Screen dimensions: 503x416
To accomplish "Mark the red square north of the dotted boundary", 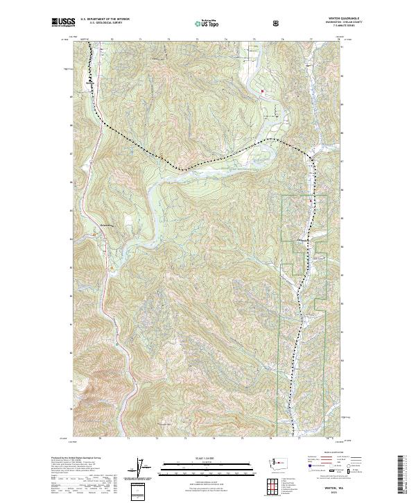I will point(263,91).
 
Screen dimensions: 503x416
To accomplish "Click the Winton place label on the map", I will point(303,241).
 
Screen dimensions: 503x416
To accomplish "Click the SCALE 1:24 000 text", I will point(207,458).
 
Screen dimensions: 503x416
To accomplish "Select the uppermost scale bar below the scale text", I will point(207,463).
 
